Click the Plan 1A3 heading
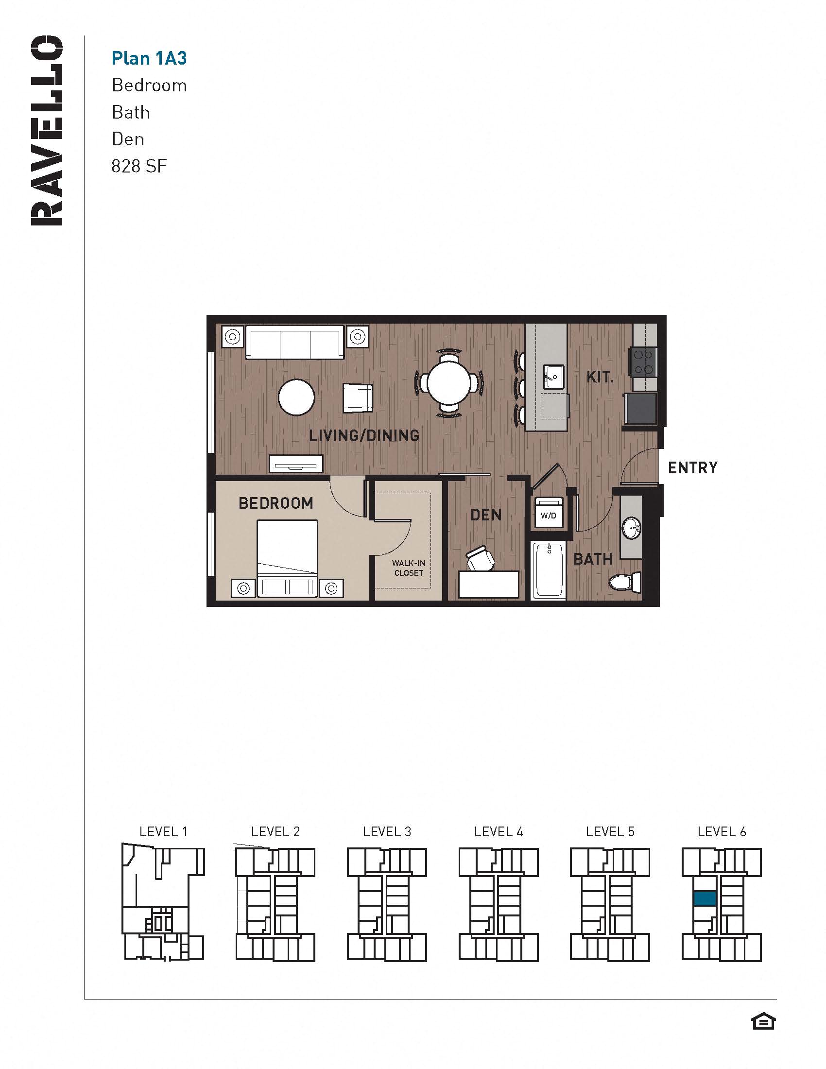[149, 58]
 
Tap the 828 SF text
[139, 166]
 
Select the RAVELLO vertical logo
[47, 130]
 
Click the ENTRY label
[692, 468]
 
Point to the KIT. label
[600, 377]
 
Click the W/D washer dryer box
[548, 514]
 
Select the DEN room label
[486, 515]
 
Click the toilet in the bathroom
[625, 582]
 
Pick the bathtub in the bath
[549, 571]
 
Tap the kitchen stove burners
[643, 362]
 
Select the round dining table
[449, 382]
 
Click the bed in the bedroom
[288, 558]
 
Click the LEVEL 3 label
[387, 831]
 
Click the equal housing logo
[763, 1022]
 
